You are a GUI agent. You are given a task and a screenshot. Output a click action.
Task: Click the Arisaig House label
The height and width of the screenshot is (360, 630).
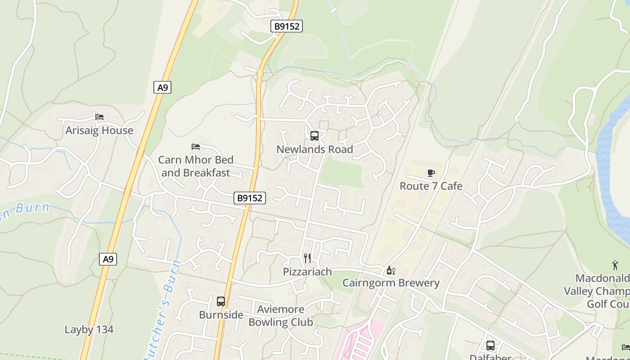click(x=99, y=130)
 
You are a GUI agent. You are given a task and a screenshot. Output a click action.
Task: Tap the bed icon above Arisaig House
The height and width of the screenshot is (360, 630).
click(x=99, y=117)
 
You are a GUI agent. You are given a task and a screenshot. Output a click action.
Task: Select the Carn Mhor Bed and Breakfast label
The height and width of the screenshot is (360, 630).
click(x=196, y=166)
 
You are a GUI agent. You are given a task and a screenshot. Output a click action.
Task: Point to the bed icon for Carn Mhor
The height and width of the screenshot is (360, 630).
click(x=196, y=146)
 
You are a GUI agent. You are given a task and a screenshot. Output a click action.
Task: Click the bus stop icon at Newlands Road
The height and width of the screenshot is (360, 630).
click(x=315, y=135)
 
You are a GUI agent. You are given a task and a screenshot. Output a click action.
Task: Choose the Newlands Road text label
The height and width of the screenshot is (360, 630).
click(x=315, y=149)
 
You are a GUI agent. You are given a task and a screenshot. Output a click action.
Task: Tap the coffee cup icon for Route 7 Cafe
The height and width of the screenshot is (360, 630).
click(x=431, y=173)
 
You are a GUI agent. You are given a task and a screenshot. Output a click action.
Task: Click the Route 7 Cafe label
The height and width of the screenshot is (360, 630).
click(x=431, y=186)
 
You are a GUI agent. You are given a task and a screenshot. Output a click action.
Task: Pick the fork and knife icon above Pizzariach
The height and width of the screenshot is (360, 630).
click(x=308, y=258)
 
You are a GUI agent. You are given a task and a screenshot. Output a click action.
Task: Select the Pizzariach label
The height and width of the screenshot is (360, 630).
click(x=307, y=272)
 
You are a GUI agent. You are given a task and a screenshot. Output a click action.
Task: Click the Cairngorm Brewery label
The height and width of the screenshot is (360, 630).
click(x=391, y=283)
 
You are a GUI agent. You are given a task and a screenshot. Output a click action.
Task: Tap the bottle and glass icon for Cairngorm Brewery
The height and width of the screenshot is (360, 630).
click(x=391, y=270)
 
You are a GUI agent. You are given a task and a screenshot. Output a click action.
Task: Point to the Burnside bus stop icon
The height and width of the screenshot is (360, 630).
click(x=221, y=301)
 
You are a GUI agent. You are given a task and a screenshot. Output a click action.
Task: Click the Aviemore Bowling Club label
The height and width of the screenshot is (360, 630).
click(x=281, y=315)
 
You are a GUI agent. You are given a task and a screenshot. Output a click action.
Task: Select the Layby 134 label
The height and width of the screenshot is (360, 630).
click(x=89, y=329)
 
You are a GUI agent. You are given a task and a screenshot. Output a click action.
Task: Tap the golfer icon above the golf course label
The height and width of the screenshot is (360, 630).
click(x=615, y=265)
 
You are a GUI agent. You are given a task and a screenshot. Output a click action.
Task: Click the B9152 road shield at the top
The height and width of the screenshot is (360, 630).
click(x=287, y=26)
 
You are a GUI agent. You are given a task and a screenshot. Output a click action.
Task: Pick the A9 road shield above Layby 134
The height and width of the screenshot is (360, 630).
click(x=108, y=259)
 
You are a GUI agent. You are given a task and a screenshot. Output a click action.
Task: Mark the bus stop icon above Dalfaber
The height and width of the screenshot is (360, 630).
click(x=490, y=346)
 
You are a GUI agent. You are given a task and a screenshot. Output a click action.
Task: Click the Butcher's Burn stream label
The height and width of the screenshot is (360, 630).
click(x=164, y=306)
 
